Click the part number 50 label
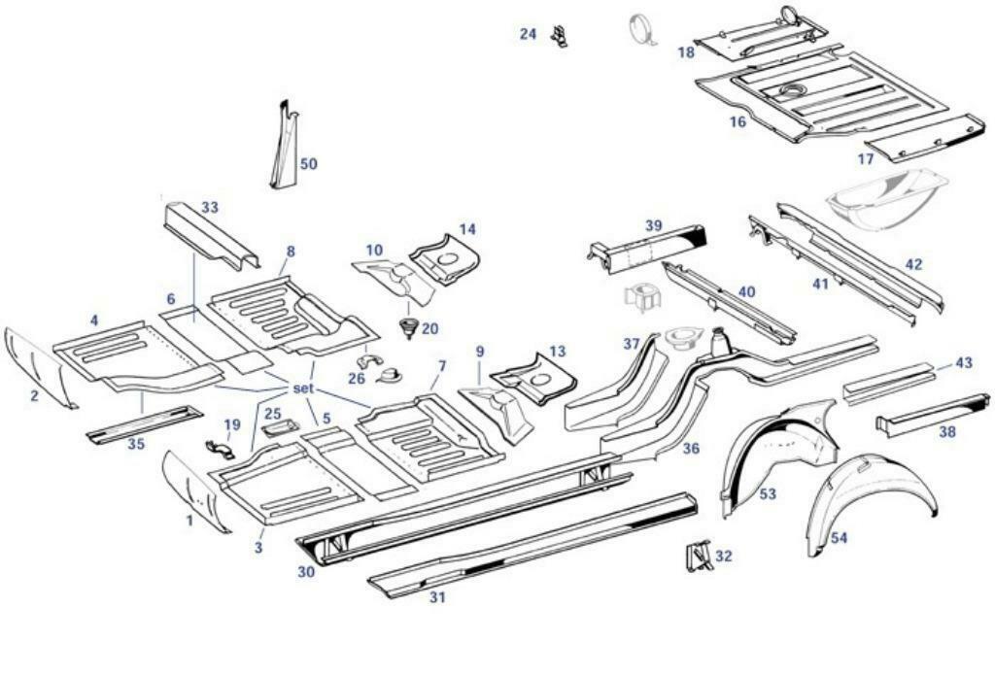click(308, 164)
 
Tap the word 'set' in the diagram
click(304, 388)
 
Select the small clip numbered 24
click(559, 36)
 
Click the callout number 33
click(210, 207)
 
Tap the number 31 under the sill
click(437, 597)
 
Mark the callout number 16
click(738, 122)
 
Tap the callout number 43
click(963, 362)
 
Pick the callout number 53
click(768, 494)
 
